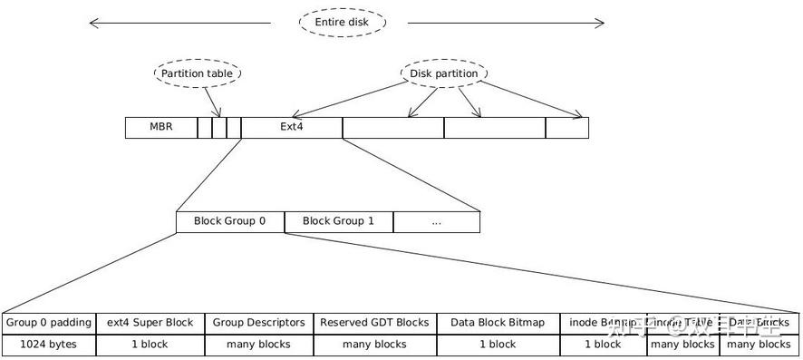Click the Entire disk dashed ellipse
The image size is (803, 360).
(343, 23)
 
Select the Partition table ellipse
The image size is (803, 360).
(198, 73)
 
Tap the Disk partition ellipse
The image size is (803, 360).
(444, 73)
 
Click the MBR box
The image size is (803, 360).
(161, 127)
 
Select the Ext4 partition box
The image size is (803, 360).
(292, 127)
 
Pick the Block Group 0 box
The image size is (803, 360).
(230, 220)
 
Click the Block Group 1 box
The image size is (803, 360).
(338, 220)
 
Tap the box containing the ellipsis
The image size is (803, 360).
(436, 220)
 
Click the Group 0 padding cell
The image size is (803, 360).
(48, 322)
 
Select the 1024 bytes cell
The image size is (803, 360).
(48, 345)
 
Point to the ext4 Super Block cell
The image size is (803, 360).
(150, 322)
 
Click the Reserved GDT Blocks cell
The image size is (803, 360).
(374, 322)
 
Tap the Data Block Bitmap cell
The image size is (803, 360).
(497, 322)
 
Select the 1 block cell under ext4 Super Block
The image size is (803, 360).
(150, 345)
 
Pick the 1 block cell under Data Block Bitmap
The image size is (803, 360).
(497, 345)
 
